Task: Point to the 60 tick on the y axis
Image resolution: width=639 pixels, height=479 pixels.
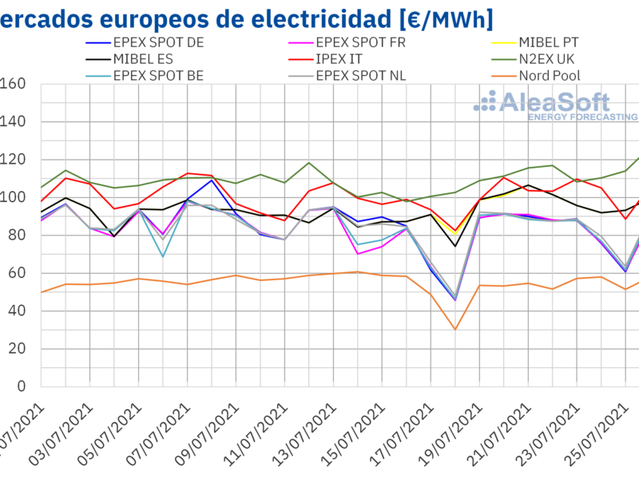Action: [x=18, y=273]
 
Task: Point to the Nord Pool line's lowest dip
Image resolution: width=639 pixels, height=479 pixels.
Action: [x=454, y=330]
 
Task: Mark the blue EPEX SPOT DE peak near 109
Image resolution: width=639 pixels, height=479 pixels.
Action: [x=212, y=180]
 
